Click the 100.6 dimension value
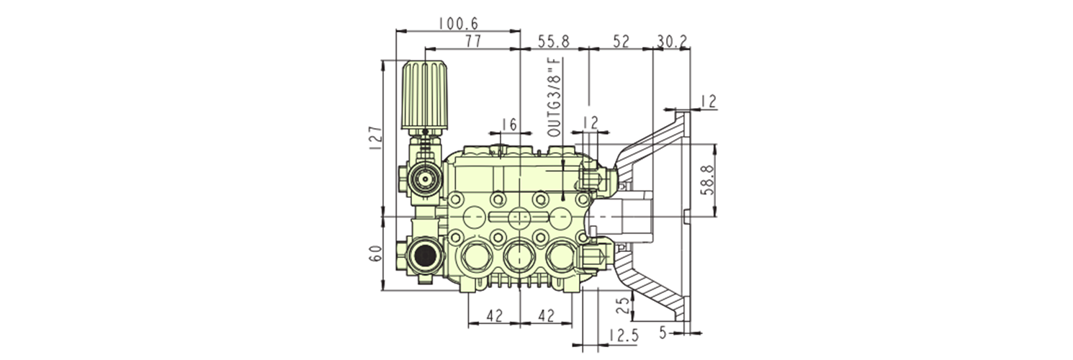tap(458, 24)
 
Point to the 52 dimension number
tap(621, 41)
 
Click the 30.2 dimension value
tap(672, 41)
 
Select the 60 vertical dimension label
tap(372, 253)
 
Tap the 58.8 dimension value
tap(707, 180)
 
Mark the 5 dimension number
tap(663, 333)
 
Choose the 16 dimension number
tap(508, 125)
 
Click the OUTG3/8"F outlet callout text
tap(553, 97)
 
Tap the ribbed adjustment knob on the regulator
tap(426, 94)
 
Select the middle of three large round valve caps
tap(518, 255)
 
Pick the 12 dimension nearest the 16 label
tap(590, 124)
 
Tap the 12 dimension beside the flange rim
tap(709, 102)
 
